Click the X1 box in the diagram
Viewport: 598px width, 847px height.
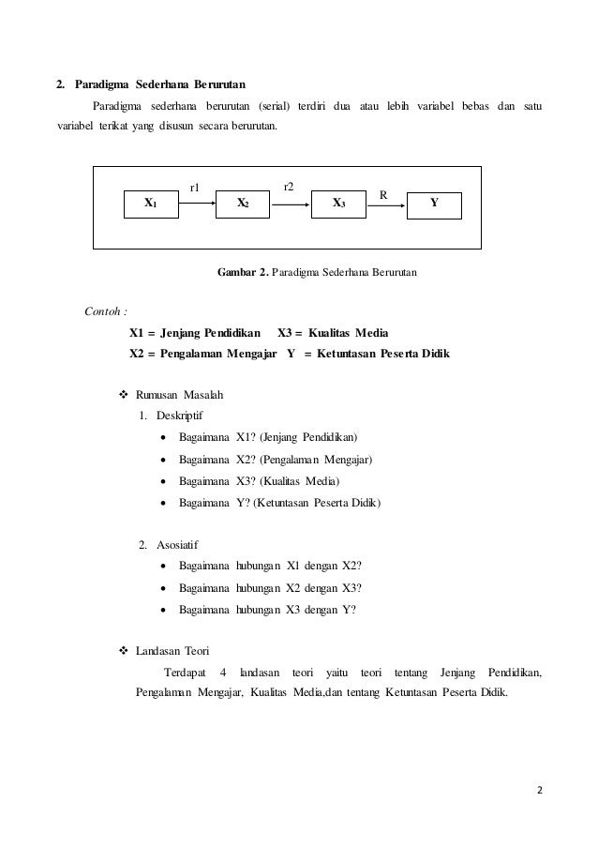click(x=153, y=203)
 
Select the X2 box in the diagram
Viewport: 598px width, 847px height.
click(x=243, y=203)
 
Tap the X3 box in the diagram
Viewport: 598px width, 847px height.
click(x=338, y=203)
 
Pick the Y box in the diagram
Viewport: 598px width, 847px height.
click(x=434, y=203)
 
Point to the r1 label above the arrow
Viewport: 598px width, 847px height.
click(x=196, y=188)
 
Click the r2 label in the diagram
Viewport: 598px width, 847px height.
click(x=290, y=186)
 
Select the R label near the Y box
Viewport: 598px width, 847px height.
click(x=382, y=194)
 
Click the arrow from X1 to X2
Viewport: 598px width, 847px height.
click(x=198, y=202)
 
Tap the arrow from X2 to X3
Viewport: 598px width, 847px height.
click(x=291, y=202)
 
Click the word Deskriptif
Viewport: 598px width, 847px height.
click(x=179, y=415)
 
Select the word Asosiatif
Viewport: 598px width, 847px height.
click(x=177, y=544)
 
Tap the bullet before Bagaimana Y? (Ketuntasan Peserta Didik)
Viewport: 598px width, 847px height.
click(x=166, y=504)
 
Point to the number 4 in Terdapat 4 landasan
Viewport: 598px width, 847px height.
click(x=222, y=673)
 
